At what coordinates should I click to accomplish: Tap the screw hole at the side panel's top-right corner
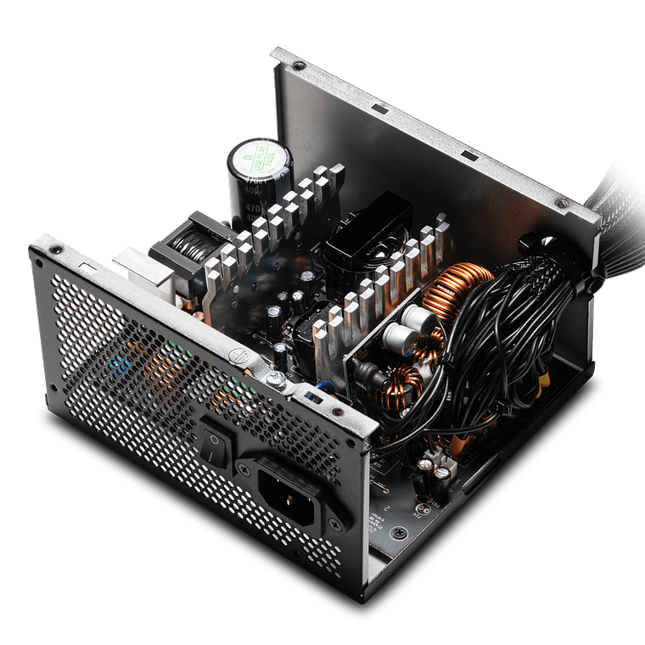tap(559, 204)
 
